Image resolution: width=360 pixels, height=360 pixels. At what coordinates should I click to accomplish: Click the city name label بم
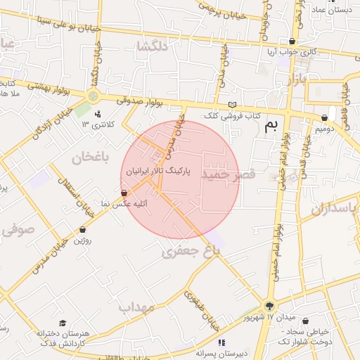click(x=271, y=127)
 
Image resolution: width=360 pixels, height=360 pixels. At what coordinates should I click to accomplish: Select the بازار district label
click(x=297, y=79)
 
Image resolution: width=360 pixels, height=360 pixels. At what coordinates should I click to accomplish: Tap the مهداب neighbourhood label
click(x=136, y=307)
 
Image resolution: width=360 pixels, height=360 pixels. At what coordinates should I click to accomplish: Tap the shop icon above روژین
click(x=82, y=229)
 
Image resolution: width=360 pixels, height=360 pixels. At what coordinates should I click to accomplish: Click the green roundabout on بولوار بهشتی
click(x=94, y=96)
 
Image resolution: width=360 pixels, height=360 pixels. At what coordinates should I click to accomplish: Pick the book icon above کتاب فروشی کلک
click(x=233, y=105)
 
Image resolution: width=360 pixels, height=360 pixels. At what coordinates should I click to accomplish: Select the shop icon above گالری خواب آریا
click(x=292, y=41)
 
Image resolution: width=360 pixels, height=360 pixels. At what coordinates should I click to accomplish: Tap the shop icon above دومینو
click(x=324, y=118)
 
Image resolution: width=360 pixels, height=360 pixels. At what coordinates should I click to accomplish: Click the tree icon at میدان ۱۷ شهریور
click(x=269, y=306)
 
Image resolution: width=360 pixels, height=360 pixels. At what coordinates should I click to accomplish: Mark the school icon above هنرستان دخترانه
click(x=63, y=323)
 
